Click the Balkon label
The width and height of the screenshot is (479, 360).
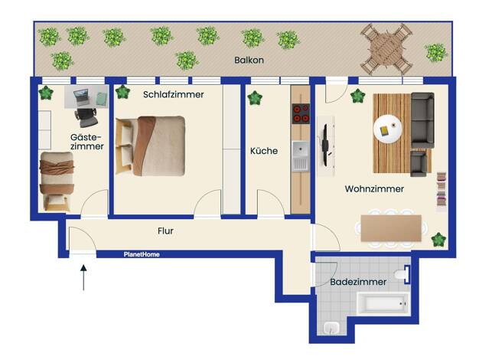point(249,60)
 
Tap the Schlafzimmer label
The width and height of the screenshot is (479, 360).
point(173,94)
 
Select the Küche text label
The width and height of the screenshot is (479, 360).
point(264,151)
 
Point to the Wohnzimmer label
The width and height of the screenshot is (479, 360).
point(374,188)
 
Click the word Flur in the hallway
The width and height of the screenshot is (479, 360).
point(165,231)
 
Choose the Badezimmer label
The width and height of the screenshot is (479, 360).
point(358,282)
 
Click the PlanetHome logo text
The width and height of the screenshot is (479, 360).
point(142,254)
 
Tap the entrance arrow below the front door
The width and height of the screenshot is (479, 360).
point(83,277)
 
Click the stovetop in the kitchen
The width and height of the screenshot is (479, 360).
point(301,113)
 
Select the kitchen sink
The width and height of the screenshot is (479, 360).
point(301,155)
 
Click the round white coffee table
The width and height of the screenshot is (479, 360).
point(388,129)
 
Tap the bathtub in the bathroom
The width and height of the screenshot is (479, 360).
point(383,303)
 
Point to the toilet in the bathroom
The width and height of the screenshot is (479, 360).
point(402,274)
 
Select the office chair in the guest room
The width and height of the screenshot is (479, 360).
point(86,117)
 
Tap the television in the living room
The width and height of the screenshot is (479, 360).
point(325,145)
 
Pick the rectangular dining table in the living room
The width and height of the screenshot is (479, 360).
point(391,228)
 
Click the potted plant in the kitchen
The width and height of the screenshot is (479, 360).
point(255,98)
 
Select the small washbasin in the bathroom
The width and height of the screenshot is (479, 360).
point(331,328)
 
